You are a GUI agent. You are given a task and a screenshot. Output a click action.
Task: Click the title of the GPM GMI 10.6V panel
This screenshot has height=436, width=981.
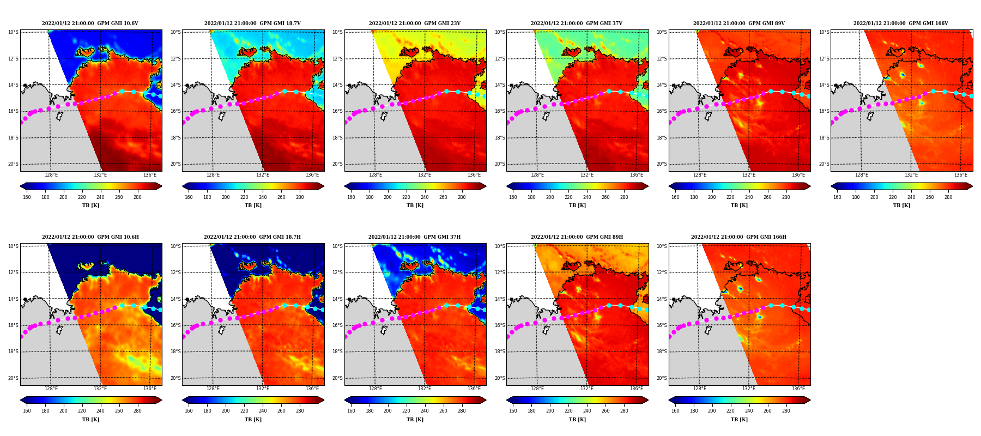90,23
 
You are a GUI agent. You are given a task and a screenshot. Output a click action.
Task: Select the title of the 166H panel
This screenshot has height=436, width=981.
738,237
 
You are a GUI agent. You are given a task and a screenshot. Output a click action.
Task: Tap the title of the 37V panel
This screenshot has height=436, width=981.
577,23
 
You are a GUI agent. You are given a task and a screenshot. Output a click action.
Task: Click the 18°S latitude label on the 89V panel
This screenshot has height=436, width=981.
661,138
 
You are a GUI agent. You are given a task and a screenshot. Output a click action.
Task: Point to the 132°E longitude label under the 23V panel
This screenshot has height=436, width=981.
425,175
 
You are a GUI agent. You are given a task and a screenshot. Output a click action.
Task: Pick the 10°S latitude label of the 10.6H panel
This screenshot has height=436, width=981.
13,246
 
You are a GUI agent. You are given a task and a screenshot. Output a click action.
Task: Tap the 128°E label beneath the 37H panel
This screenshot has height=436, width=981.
375,389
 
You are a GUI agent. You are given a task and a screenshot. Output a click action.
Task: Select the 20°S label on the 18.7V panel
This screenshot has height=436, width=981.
175,164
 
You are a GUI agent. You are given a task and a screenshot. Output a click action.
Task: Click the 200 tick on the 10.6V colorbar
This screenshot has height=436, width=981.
63,197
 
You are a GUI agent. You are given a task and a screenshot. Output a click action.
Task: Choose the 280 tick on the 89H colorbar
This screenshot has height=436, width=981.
623,411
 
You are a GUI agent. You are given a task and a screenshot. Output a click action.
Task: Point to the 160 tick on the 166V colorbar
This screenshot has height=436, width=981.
837,197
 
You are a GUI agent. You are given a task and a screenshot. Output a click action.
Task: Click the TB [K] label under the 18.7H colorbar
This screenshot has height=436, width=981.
253,420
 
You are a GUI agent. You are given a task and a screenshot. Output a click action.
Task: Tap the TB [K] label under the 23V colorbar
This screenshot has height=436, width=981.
415,205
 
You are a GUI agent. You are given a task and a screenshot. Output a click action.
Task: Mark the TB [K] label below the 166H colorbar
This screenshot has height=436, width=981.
739,420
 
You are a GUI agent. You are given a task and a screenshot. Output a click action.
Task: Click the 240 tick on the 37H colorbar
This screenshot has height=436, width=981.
425,411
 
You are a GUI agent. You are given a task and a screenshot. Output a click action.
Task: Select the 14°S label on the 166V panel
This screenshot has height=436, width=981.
823,85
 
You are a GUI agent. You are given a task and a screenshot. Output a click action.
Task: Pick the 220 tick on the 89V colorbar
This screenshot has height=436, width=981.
730,197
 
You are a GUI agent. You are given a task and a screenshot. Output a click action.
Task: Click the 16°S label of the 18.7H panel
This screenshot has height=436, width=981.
175,325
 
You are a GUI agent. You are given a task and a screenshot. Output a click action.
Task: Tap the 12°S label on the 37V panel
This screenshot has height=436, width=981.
499,59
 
